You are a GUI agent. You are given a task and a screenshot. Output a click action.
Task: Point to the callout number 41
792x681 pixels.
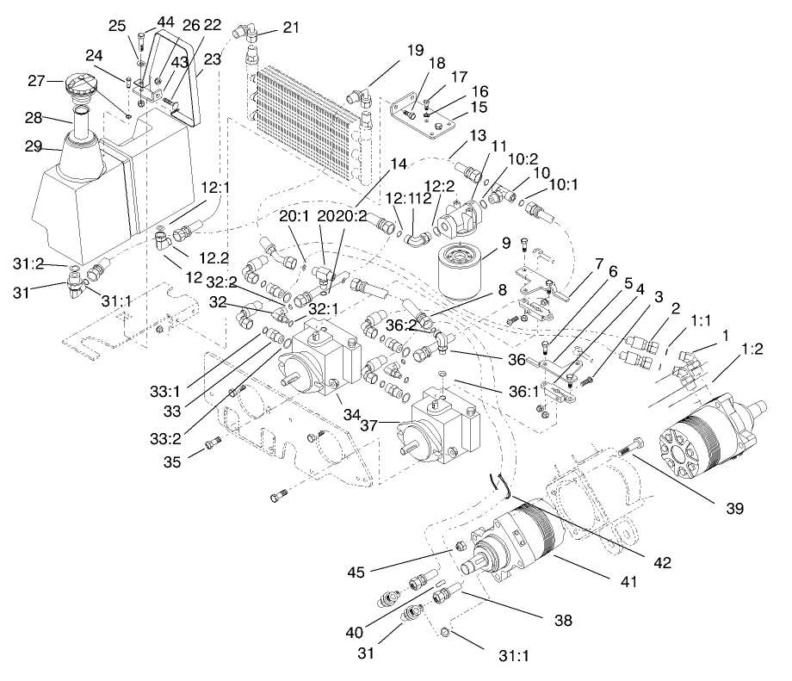631,582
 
